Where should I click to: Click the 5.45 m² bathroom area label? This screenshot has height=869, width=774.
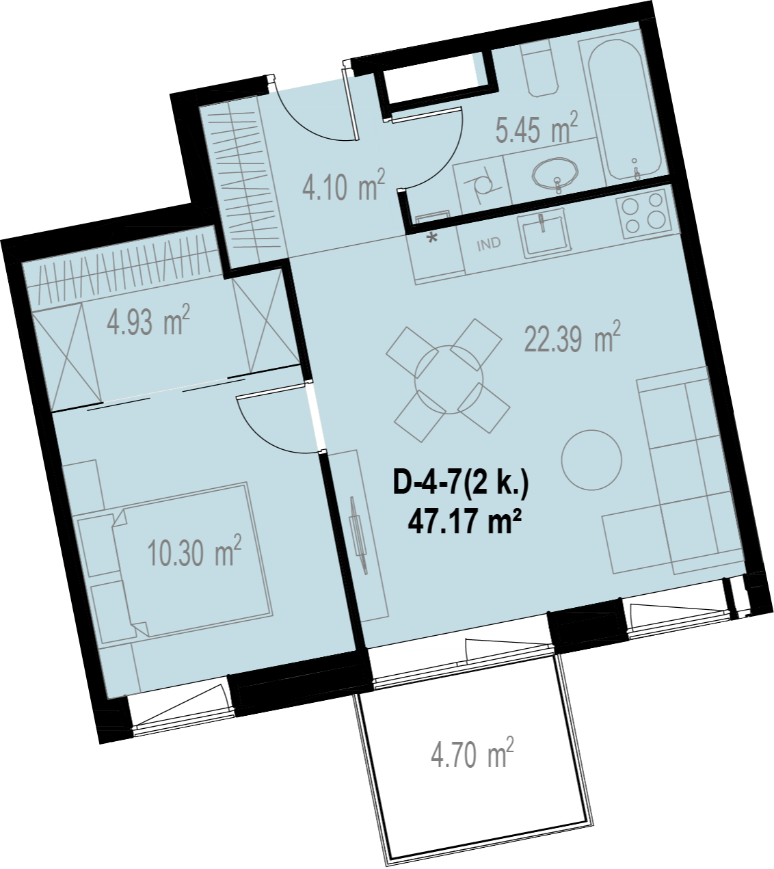point(536,127)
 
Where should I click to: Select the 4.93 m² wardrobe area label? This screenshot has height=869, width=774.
point(148,320)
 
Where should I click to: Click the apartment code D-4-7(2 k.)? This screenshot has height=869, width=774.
point(461,484)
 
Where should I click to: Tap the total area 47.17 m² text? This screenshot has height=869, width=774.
point(465,523)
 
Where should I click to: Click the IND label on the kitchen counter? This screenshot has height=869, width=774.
point(489,244)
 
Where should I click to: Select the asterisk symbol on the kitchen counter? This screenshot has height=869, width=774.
point(433,238)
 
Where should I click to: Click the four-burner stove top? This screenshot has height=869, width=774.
point(643,213)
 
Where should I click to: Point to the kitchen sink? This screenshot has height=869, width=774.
point(545,235)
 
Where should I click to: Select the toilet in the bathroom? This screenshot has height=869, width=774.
point(539,68)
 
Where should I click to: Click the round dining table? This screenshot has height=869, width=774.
point(449,379)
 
